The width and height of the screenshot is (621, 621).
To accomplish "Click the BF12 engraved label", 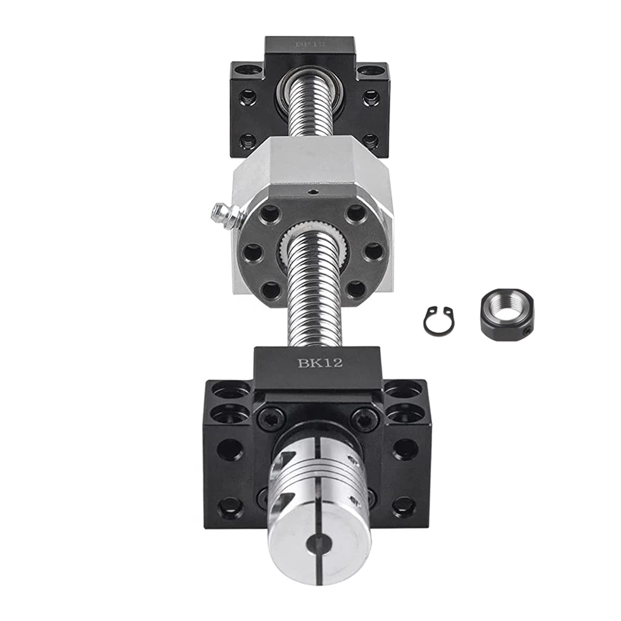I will click(310, 44).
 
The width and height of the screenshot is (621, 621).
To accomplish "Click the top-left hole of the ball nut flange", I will click(270, 214).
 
